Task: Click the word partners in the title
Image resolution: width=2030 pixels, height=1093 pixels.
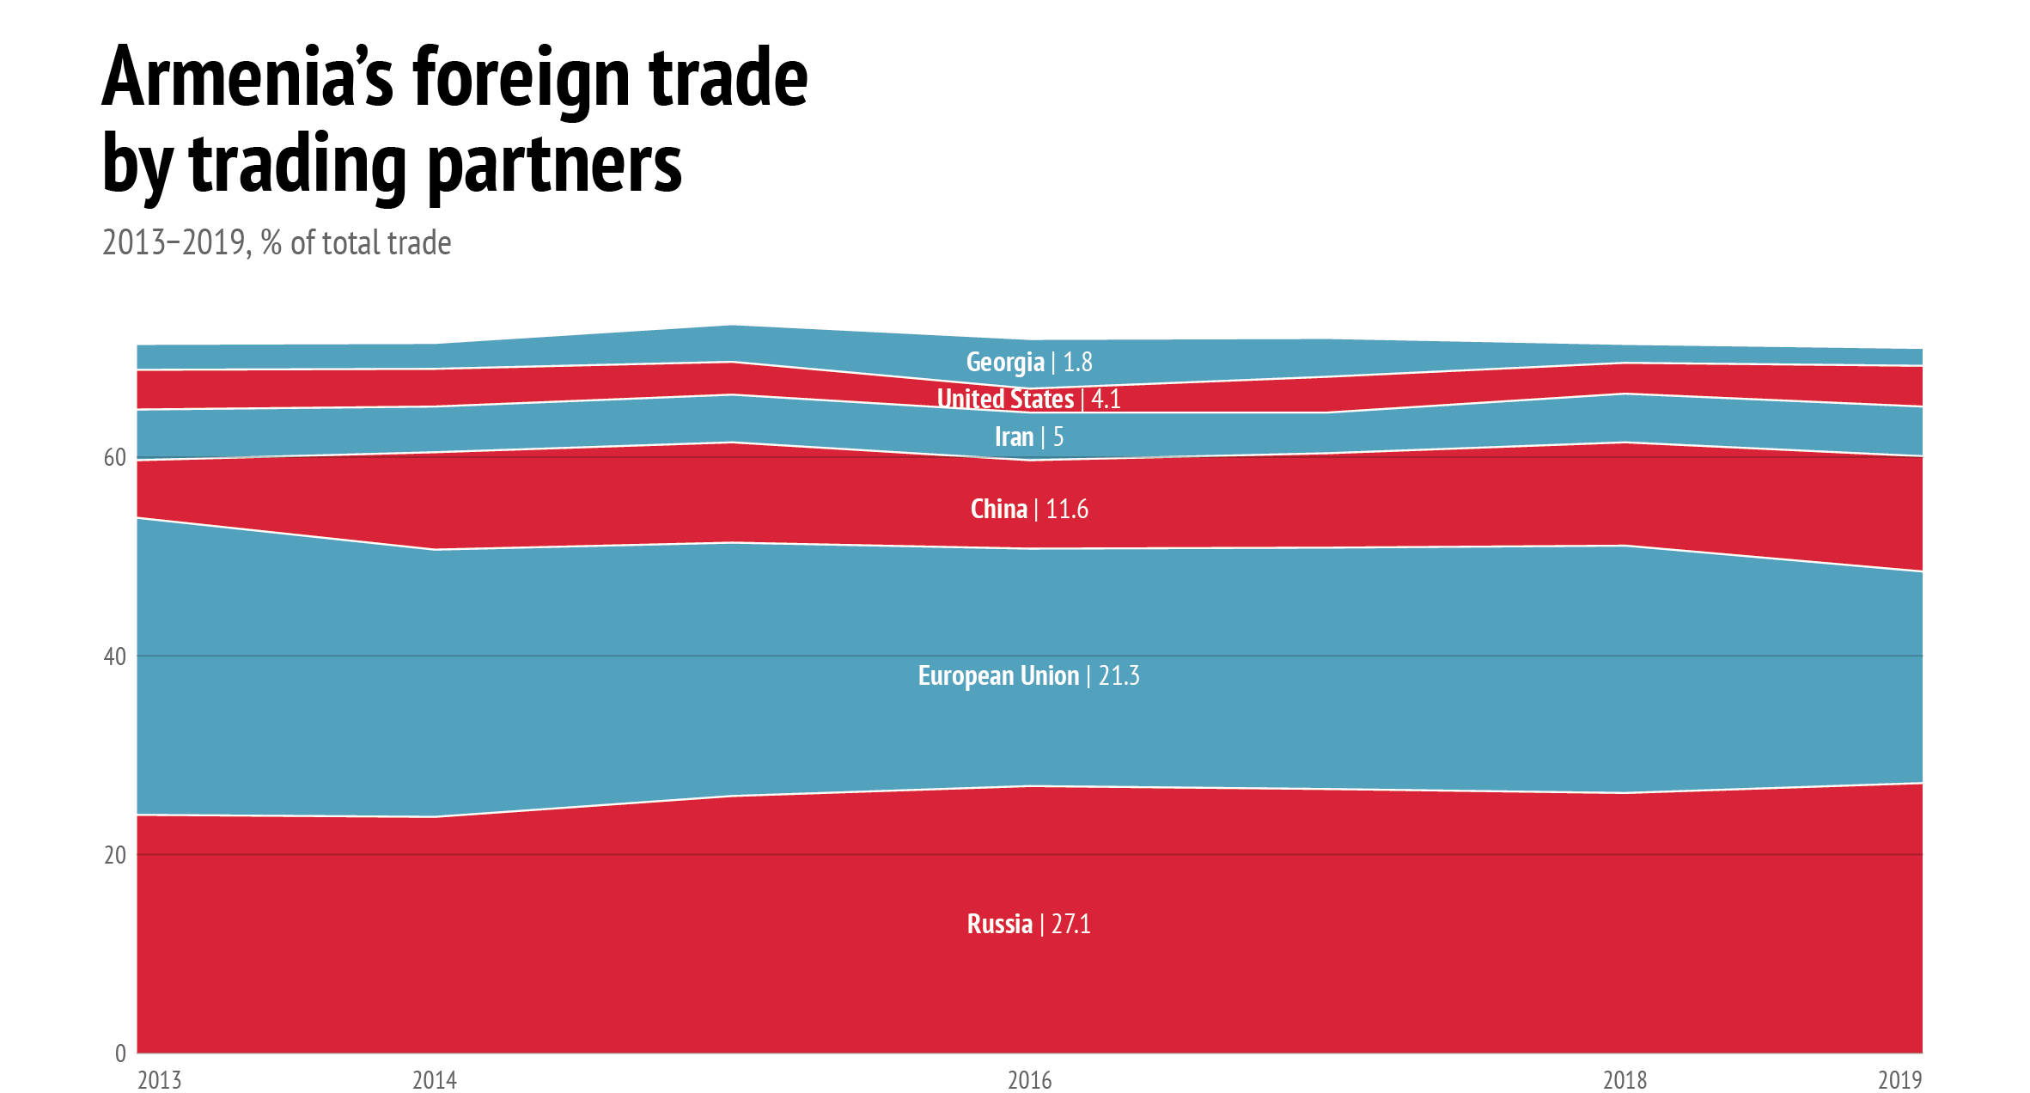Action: click(554, 165)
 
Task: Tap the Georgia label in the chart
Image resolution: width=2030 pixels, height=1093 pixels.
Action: click(1005, 363)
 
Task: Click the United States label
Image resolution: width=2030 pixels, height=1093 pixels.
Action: click(1005, 400)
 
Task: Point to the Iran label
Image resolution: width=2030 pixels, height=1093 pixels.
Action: click(1014, 437)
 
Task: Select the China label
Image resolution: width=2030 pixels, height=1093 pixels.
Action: click(999, 510)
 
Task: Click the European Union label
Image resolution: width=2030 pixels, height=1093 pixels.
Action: click(998, 676)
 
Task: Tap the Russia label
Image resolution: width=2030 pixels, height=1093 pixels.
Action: click(1000, 925)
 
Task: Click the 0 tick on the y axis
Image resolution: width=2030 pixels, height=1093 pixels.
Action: click(120, 1053)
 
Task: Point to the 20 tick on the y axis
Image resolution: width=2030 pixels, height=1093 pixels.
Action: click(115, 855)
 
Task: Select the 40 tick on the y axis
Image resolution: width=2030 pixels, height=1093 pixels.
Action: click(115, 656)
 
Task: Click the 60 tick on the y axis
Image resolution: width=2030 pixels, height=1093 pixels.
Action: click(115, 458)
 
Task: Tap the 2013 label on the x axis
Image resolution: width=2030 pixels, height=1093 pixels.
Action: click(160, 1080)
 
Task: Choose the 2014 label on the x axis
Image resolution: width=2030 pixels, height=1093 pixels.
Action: click(435, 1080)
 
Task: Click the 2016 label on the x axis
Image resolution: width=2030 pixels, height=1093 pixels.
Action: click(1030, 1080)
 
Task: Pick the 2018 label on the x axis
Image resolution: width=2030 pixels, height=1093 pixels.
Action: click(1625, 1080)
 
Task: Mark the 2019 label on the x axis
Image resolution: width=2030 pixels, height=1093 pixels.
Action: click(1899, 1080)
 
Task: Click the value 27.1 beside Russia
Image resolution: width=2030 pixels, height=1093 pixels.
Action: click(1071, 925)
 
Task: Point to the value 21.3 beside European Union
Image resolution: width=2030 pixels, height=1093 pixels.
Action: click(1119, 676)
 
